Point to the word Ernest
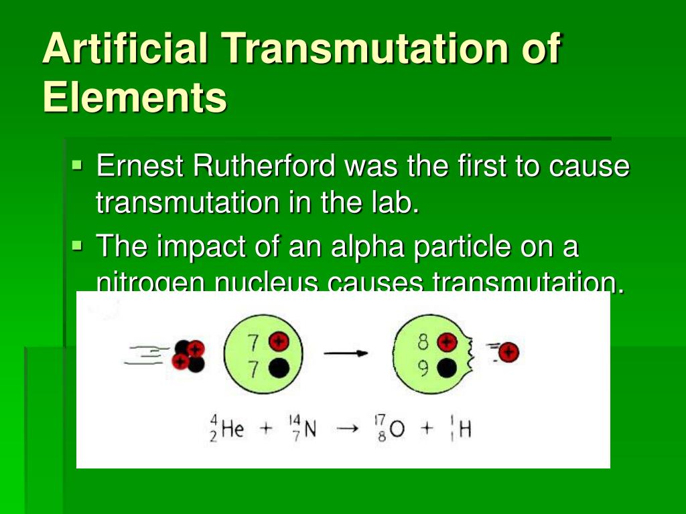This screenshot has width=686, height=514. pyautogui.click(x=140, y=166)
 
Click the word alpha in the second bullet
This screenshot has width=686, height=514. pyautogui.click(x=365, y=247)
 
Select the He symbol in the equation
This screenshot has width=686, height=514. pyautogui.click(x=232, y=429)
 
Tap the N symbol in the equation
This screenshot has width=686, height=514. pyautogui.click(x=310, y=429)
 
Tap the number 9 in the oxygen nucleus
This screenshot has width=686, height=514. pyautogui.click(x=423, y=368)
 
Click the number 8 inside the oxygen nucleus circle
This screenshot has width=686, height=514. pyautogui.click(x=423, y=343)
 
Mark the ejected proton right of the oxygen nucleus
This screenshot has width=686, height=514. pyautogui.click(x=509, y=352)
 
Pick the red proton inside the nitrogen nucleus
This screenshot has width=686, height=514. pyautogui.click(x=277, y=342)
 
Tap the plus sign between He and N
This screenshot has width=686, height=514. pyautogui.click(x=267, y=429)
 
